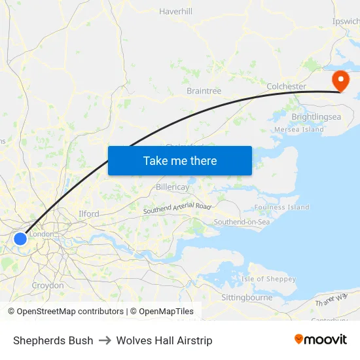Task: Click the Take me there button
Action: point(180,160)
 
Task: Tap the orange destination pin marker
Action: point(341,81)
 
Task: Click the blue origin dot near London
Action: point(20,238)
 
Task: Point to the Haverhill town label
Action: point(175,11)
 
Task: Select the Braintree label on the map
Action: point(204,90)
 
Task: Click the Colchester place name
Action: point(286,86)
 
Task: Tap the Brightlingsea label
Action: point(316,117)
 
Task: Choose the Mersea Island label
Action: point(299,130)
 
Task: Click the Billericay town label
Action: point(173,187)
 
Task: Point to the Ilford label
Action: point(88,213)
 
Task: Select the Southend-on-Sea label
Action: point(242,222)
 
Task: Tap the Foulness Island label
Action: point(281,207)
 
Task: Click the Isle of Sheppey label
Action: point(268,279)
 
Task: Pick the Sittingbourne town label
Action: point(247,297)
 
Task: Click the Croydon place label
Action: point(48,285)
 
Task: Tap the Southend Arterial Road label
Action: point(177,209)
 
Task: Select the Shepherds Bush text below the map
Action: point(53,340)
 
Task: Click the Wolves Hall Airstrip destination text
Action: point(164,340)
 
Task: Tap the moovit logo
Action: point(320,339)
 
